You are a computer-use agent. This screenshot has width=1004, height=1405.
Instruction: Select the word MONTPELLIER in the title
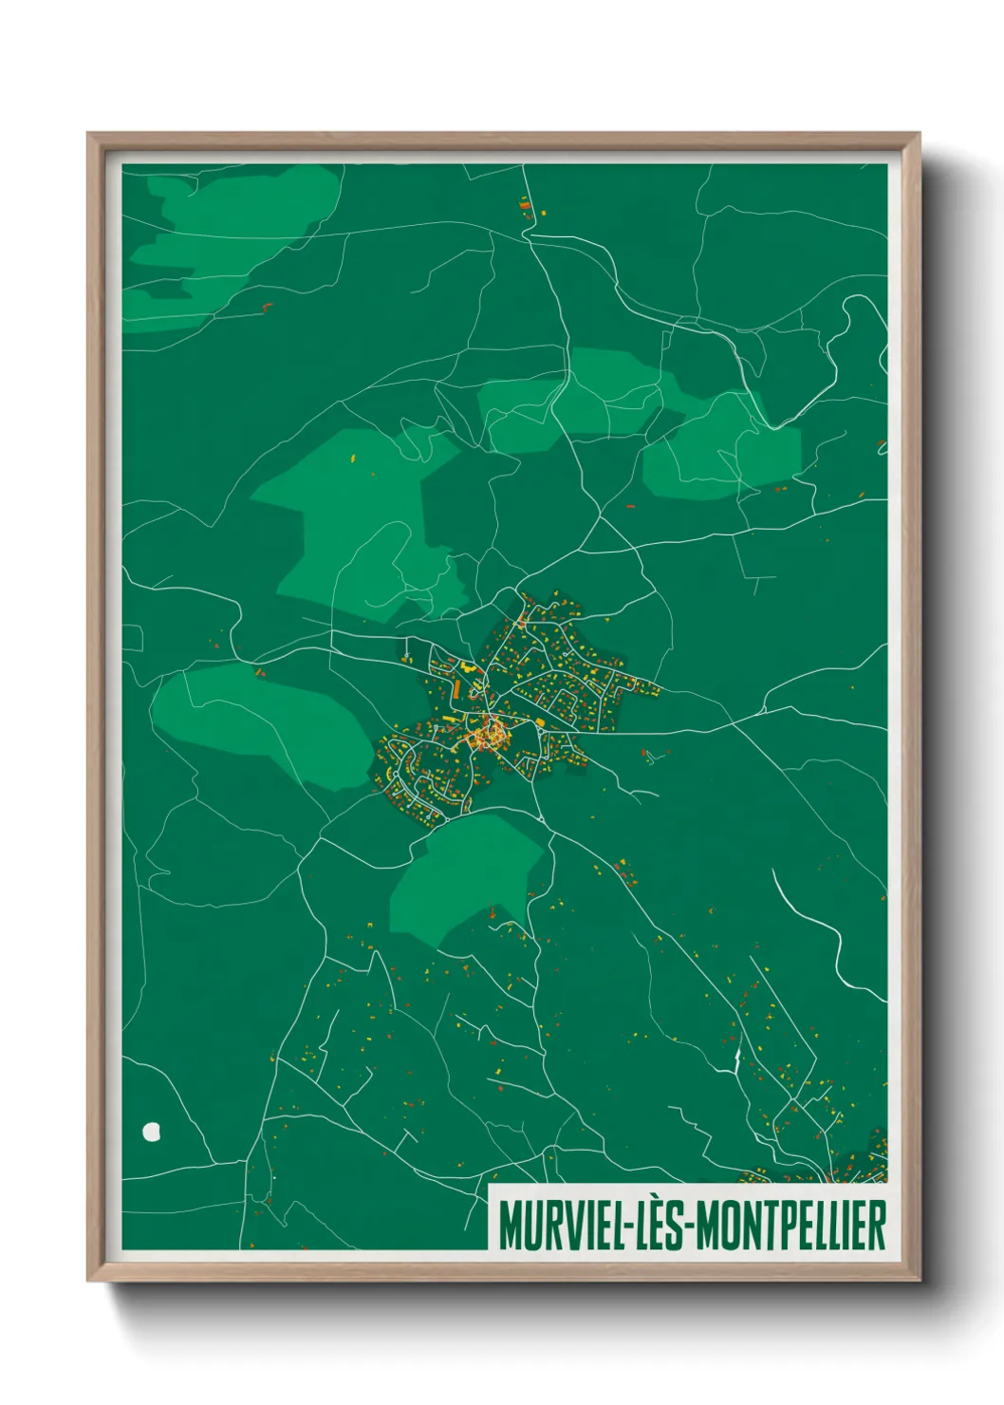pyautogui.click(x=791, y=1226)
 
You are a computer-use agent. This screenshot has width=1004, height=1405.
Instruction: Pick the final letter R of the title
pyautogui.click(x=879, y=1226)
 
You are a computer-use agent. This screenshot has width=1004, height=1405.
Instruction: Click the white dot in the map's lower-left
pyautogui.click(x=151, y=1131)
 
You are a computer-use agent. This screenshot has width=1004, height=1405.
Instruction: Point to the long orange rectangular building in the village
pyautogui.click(x=456, y=685)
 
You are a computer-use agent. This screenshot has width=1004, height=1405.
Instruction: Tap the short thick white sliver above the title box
pyautogui.click(x=736, y=1059)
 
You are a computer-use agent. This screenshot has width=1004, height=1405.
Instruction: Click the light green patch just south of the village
pyautogui.click(x=465, y=878)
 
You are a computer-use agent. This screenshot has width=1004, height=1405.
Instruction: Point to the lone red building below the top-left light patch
pyautogui.click(x=267, y=306)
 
